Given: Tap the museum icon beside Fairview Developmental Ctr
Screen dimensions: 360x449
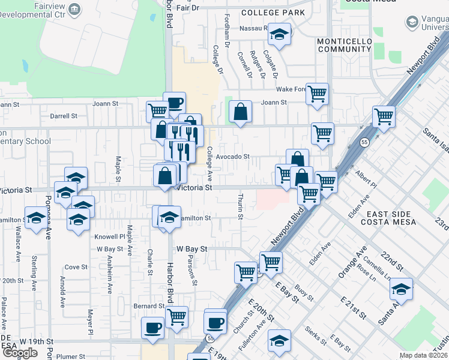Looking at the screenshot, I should click(x=75, y=8).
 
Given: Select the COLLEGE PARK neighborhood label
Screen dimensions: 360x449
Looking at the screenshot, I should click(x=273, y=13).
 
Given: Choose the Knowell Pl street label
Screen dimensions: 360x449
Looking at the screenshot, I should click(x=109, y=237).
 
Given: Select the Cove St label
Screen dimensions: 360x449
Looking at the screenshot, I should click(x=76, y=267).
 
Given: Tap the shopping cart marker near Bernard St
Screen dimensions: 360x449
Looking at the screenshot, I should click(x=176, y=316).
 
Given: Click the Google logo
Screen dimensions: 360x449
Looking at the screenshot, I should click(x=20, y=353).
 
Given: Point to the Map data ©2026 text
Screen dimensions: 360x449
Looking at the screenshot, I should click(x=423, y=355).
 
